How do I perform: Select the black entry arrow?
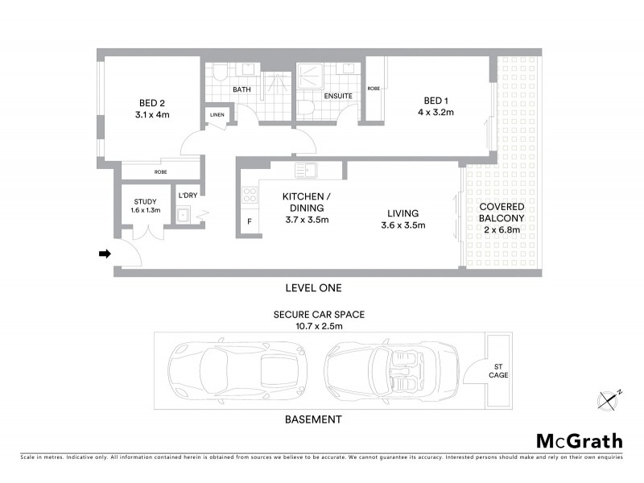(x=104, y=254)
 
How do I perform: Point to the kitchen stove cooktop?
(x=250, y=195)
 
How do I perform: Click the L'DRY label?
(x=188, y=196)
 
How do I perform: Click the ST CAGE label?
(x=498, y=370)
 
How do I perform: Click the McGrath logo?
(x=579, y=440)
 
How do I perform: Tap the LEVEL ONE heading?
(x=314, y=287)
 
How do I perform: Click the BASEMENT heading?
(x=314, y=419)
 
